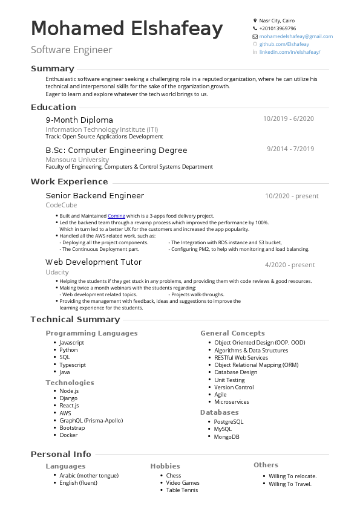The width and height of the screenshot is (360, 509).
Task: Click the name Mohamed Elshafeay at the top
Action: (x=127, y=29)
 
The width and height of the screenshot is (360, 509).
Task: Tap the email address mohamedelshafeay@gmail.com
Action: (x=296, y=36)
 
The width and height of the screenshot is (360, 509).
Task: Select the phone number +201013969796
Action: (x=278, y=28)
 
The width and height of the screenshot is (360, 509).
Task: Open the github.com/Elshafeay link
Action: (x=284, y=44)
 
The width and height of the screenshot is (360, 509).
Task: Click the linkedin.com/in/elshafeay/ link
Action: (x=289, y=52)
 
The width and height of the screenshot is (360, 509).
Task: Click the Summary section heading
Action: (x=53, y=69)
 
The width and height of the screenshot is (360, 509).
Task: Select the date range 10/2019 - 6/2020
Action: (x=289, y=118)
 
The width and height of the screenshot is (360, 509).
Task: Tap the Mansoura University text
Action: (x=77, y=160)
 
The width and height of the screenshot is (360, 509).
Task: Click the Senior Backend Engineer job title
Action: (x=95, y=196)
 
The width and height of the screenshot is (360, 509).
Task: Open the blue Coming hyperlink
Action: (x=116, y=216)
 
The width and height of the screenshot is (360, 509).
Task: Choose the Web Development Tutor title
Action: (x=94, y=262)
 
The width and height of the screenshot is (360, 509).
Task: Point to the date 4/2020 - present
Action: (x=290, y=265)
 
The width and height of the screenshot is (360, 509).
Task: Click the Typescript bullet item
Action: (x=73, y=365)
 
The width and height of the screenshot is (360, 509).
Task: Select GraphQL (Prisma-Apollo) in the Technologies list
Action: (x=89, y=420)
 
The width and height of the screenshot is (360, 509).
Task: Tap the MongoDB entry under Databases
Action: (x=226, y=436)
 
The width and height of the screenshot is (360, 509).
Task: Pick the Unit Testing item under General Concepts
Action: (x=229, y=380)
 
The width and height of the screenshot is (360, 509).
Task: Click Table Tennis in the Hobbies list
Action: (x=182, y=490)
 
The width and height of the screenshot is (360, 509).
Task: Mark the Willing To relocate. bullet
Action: (x=292, y=476)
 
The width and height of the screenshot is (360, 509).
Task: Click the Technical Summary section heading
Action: (x=75, y=320)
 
